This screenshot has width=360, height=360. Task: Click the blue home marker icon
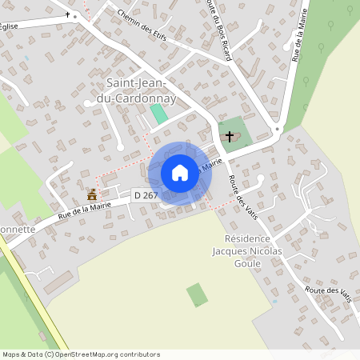point(180,173)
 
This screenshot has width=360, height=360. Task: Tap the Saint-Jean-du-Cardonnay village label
point(141,90)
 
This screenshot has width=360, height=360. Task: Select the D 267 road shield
point(146,195)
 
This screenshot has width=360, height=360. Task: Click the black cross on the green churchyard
point(230,136)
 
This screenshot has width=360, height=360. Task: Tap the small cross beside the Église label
point(65,15)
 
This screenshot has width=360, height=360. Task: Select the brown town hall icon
point(92,194)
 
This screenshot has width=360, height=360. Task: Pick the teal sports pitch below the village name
point(159,114)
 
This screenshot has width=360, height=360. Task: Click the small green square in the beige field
point(197,294)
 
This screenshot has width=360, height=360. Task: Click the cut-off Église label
point(9,26)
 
